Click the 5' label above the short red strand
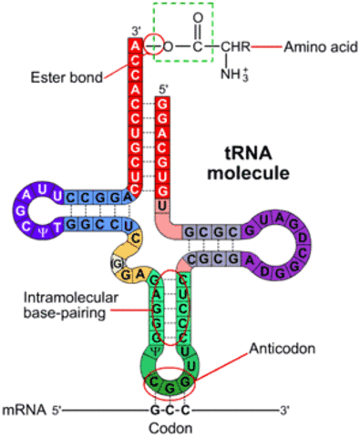coord(163,88)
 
